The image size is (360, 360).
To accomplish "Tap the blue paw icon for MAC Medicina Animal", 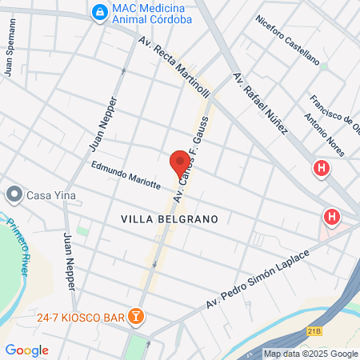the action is (99, 12).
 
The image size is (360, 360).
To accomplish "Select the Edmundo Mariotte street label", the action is (126, 175).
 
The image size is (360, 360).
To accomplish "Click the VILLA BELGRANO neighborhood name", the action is (170, 218).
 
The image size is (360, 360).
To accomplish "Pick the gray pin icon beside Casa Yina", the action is (14, 194).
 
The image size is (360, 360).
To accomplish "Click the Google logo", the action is (26, 350).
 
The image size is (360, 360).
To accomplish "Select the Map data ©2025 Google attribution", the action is (310, 354).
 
